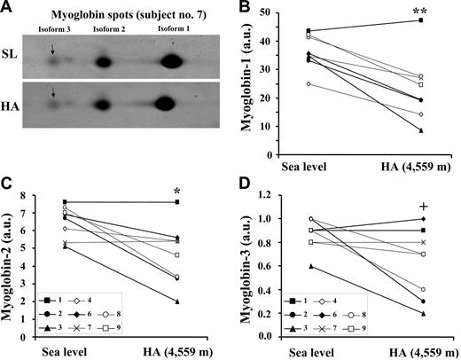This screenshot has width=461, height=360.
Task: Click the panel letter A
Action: click(x=10, y=8)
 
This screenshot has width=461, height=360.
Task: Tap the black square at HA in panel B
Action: click(x=421, y=20)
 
